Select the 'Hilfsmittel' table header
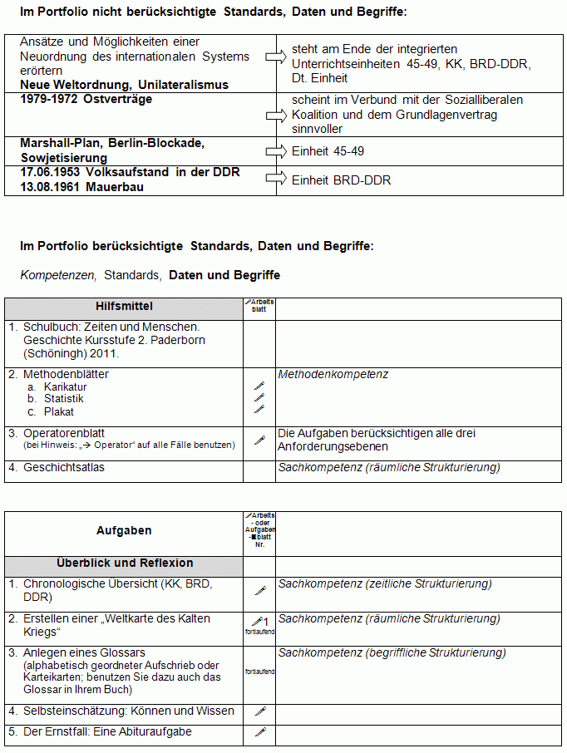click(124, 308)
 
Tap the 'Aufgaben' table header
click(124, 530)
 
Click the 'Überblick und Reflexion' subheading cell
click(125, 564)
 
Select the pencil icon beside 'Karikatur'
click(259, 386)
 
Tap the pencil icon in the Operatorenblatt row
click(259, 440)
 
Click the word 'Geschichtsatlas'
click(64, 468)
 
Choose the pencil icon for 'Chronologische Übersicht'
click(259, 590)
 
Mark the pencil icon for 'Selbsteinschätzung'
click(259, 711)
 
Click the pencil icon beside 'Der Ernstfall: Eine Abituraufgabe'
click(259, 732)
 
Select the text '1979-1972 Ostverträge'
click(86, 100)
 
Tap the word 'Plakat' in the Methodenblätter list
click(59, 411)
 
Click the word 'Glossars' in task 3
click(122, 653)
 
